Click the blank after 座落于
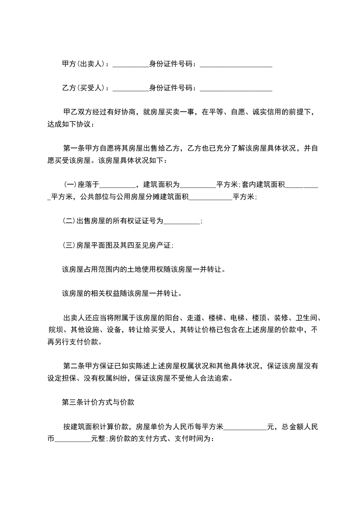point(118,186)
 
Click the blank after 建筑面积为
point(198,186)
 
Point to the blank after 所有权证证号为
point(181,222)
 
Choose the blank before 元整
point(73,440)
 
